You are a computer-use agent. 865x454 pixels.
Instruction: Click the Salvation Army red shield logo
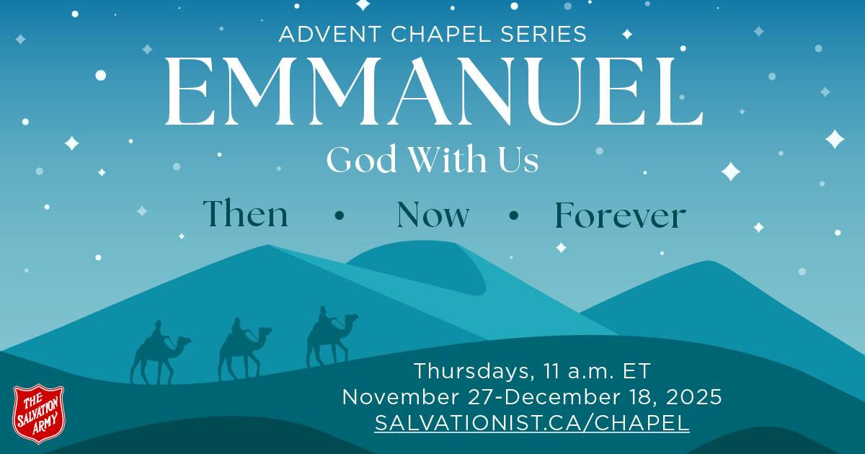tap(39, 414)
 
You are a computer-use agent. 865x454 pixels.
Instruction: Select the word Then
tap(245, 215)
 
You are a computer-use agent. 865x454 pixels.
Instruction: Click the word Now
tap(433, 215)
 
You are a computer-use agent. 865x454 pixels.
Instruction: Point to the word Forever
tap(620, 215)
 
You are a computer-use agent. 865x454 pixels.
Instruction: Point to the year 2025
tap(695, 397)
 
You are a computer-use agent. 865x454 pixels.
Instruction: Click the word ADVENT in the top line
tap(321, 34)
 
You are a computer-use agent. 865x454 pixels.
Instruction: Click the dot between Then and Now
tap(340, 215)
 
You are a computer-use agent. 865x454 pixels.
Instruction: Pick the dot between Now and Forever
tap(513, 215)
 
